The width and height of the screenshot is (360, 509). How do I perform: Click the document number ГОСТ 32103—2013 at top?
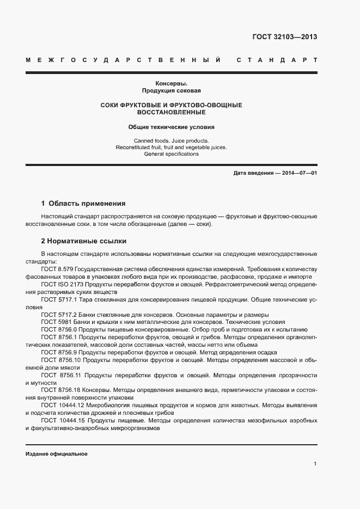point(284,38)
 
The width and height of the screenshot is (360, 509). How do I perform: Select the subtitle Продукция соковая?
point(172,91)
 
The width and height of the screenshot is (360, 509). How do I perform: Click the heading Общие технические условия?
point(172,127)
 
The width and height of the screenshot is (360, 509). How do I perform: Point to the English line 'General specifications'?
point(172,154)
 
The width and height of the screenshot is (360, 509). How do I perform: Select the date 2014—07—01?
point(298,173)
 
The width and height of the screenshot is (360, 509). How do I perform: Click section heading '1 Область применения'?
point(83,204)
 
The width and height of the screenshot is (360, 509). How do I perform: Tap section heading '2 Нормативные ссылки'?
point(83,241)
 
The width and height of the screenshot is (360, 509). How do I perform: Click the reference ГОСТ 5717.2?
point(59,315)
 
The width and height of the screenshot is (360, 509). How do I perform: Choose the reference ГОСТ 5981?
point(55,322)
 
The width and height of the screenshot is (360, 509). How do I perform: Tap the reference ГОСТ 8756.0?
point(59,330)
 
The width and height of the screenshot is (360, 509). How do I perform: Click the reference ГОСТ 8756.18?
point(62,390)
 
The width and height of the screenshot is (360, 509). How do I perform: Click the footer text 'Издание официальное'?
point(57,453)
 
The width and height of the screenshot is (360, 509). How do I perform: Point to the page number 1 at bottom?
point(315,464)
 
